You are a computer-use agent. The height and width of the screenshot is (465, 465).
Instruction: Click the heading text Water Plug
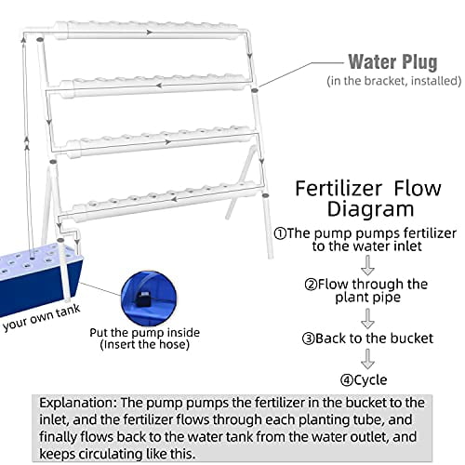click(392, 62)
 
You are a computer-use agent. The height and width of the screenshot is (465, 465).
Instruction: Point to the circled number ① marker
click(280, 232)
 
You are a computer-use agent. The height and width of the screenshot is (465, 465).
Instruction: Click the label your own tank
click(37, 326)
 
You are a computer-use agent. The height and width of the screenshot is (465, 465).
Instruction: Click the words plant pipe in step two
click(367, 299)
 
